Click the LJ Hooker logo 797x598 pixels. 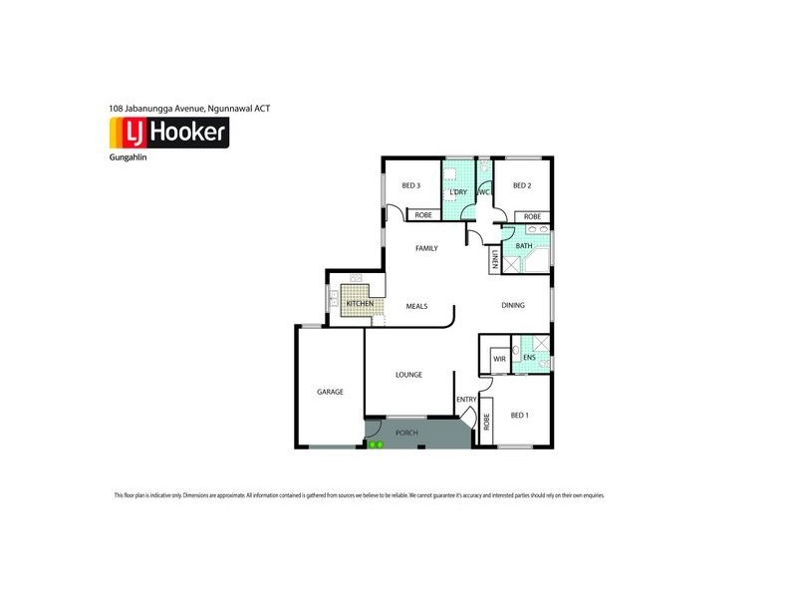[x=168, y=133]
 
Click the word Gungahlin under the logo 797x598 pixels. [x=128, y=157]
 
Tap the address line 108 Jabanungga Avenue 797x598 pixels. [x=188, y=107]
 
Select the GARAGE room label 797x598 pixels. [x=330, y=392]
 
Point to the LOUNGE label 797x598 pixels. [x=408, y=375]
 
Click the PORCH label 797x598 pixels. [x=406, y=433]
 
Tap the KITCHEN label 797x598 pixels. [x=360, y=303]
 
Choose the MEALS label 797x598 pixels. [x=416, y=306]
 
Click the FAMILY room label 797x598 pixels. [x=426, y=247]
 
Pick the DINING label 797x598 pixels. [x=512, y=305]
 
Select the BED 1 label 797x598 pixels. [x=520, y=415]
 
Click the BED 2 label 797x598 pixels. [x=522, y=185]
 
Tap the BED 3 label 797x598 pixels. [x=411, y=185]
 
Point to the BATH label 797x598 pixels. [x=524, y=245]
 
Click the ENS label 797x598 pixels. [x=529, y=357]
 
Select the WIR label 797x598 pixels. [x=499, y=357]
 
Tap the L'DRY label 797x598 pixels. [x=459, y=191]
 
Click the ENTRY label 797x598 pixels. [x=466, y=400]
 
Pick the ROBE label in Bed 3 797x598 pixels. [x=423, y=215]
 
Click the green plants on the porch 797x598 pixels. [x=376, y=445]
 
